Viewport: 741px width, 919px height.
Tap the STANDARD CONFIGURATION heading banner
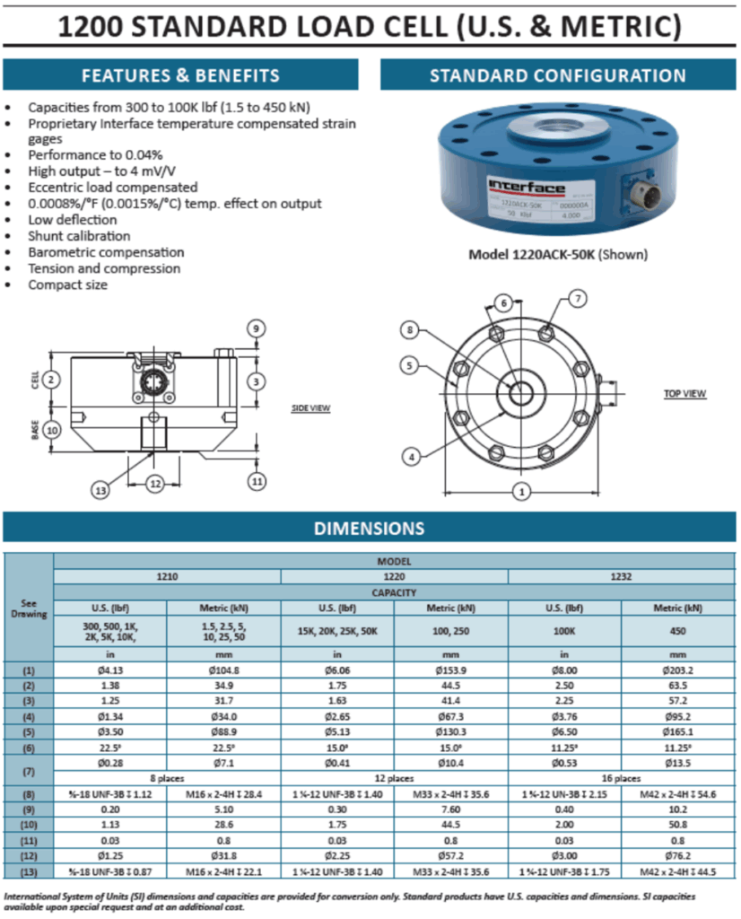pos(557,75)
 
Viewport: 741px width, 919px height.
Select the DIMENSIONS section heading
pos(369,529)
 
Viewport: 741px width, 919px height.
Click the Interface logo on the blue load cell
pos(527,187)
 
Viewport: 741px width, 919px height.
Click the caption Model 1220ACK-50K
pos(531,254)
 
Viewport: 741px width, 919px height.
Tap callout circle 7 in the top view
pos(579,297)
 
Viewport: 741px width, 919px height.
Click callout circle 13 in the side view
pos(100,490)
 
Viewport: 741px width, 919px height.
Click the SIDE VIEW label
pos(311,408)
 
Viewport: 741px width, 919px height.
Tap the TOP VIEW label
pos(684,394)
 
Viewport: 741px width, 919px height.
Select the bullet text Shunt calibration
pos(79,236)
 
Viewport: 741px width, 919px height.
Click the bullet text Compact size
pos(68,284)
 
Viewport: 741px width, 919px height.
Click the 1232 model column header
pos(622,576)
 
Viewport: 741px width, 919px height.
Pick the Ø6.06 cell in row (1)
pos(337,670)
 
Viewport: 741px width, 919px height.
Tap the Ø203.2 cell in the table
pos(678,670)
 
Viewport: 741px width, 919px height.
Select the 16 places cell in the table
pos(622,779)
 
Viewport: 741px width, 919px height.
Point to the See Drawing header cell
pos(30,608)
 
